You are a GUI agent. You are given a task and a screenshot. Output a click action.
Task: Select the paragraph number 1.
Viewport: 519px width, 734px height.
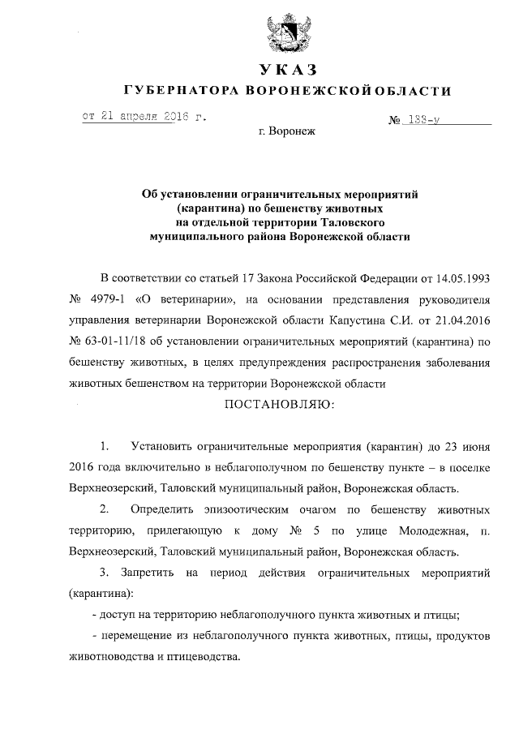[105, 447]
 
